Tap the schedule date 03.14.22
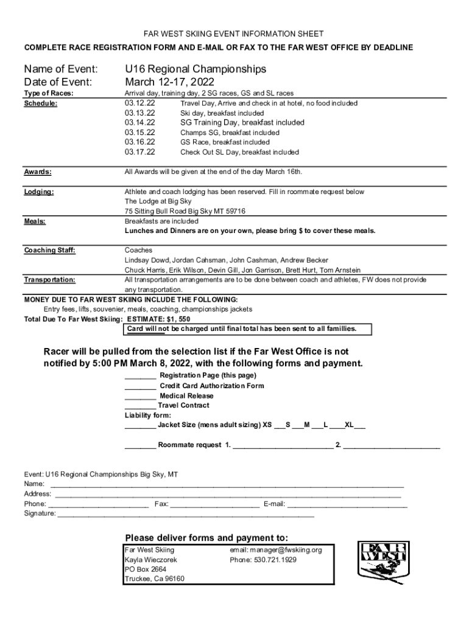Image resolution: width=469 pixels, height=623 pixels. point(140,122)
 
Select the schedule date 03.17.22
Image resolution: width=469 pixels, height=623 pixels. point(140,151)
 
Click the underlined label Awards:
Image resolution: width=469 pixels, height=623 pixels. point(38,172)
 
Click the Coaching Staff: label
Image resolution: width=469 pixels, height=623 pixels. point(50,250)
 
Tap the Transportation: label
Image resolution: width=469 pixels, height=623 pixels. point(50,280)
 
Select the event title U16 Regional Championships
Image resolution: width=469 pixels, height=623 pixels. point(196,69)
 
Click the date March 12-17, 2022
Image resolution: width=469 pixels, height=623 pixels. point(170,82)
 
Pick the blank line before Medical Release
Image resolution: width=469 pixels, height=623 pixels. point(140,396)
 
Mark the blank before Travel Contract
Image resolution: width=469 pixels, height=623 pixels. point(140,406)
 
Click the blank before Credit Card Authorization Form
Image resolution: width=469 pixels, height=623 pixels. point(140,386)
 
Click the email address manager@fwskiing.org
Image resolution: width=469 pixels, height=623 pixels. point(275,550)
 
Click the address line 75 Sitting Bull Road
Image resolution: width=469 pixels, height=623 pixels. point(163,211)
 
